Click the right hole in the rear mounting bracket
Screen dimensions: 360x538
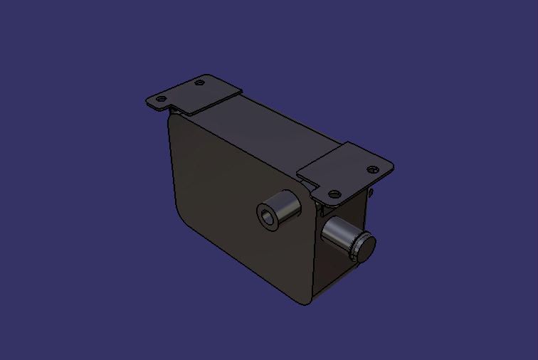pos(200,83)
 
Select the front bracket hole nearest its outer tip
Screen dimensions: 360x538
pos(372,169)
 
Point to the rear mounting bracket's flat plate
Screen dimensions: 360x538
pos(194,93)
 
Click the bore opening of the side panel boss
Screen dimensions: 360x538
pos(268,216)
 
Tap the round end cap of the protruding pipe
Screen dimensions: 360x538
pos(365,247)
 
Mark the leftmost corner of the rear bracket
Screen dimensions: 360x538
pos(146,100)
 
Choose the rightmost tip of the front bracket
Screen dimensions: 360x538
pos(392,168)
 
